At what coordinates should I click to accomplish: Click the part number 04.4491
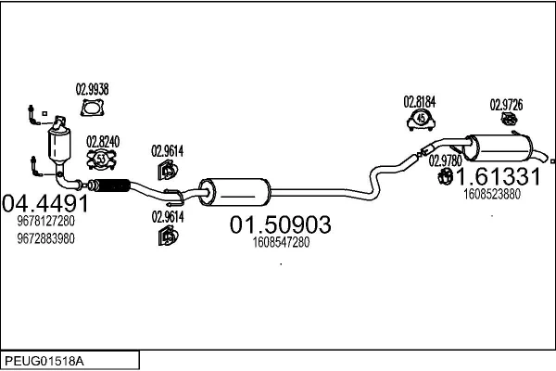point(45,203)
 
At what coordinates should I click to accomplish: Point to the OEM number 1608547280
point(280,243)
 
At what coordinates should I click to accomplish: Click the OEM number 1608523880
point(491,194)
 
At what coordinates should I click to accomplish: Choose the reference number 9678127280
point(45,222)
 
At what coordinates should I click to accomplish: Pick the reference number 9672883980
point(45,238)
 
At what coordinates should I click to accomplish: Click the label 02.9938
point(92,90)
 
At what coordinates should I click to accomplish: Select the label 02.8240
point(103,142)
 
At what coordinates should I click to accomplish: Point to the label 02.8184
point(420,102)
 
